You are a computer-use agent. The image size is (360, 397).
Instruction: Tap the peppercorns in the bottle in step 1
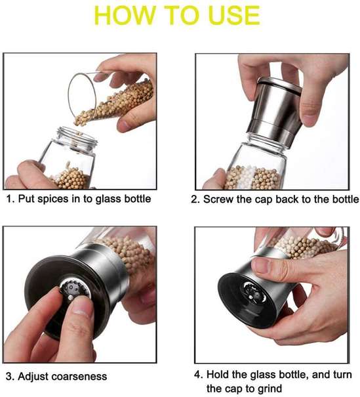(x=69, y=177)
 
